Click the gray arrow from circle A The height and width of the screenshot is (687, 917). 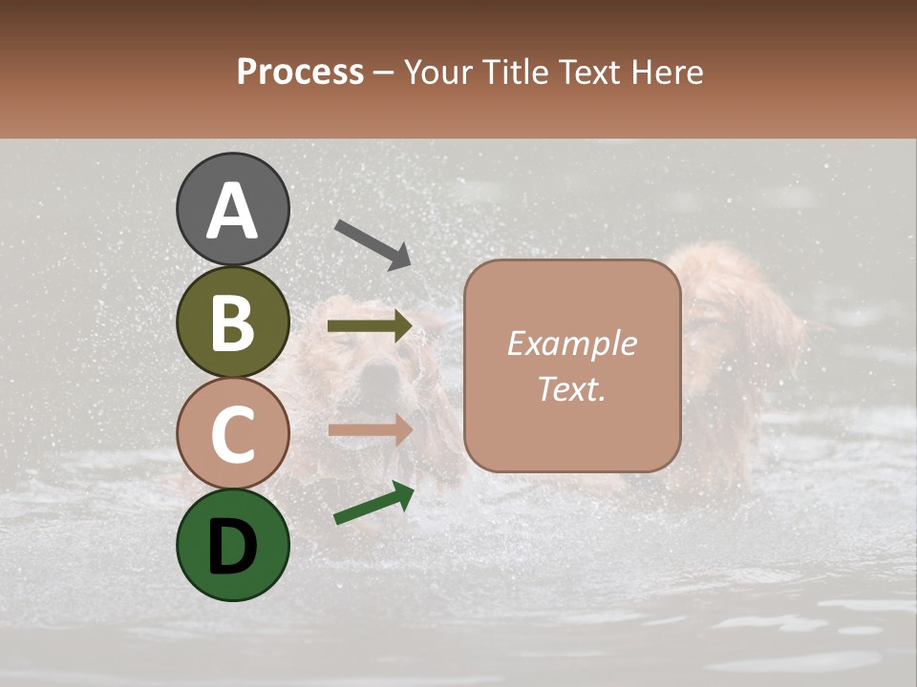click(x=373, y=244)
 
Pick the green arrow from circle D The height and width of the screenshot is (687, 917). click(x=373, y=504)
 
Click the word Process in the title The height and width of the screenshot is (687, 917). click(x=300, y=73)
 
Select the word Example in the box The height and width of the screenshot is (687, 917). click(x=571, y=343)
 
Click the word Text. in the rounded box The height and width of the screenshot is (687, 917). click(x=571, y=388)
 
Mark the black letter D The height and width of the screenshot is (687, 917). click(x=233, y=546)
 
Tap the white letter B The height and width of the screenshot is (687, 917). click(x=233, y=323)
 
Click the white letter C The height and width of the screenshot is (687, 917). click(x=233, y=434)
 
